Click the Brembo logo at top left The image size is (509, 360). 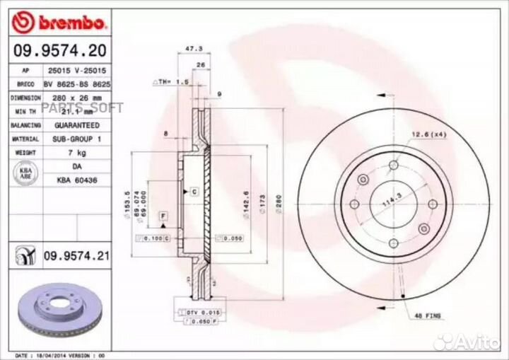coord(60,23)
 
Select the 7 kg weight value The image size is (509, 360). coord(76,151)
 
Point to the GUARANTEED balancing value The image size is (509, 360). coord(76,124)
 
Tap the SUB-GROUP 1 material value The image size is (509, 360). coord(76,139)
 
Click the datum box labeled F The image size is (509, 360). coord(162,214)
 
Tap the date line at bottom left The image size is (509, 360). coord(59,354)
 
